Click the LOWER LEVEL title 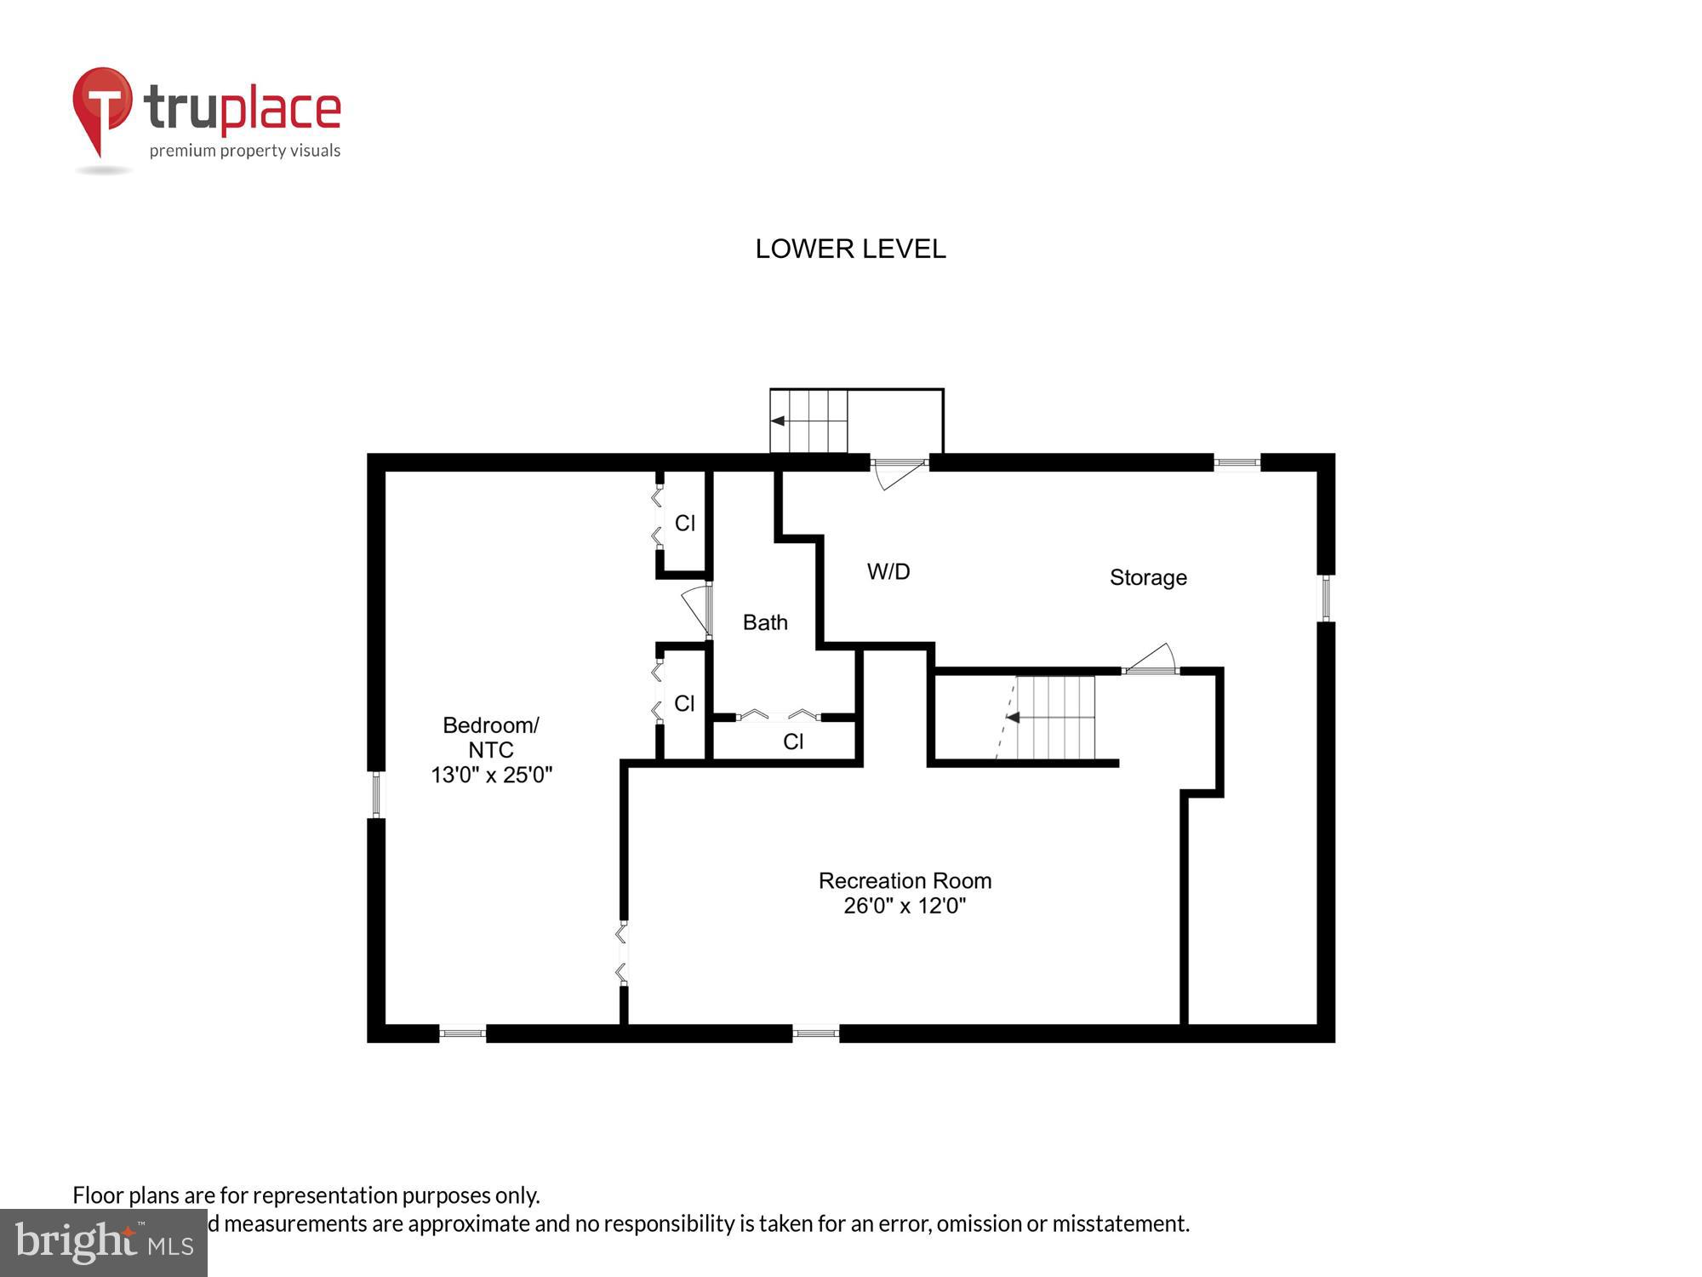point(850,249)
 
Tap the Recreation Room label point(905,880)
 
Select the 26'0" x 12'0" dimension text point(905,906)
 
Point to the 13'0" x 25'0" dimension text point(491,775)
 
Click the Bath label point(765,622)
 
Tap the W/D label point(888,571)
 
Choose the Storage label point(1148,577)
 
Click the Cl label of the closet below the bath point(793,742)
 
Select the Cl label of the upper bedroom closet point(685,523)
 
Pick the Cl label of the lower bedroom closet point(684,703)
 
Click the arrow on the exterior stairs point(778,421)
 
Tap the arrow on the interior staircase point(1013,718)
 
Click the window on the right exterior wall point(1326,598)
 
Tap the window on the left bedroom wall point(376,794)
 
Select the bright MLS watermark point(104,1243)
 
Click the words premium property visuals point(245,151)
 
